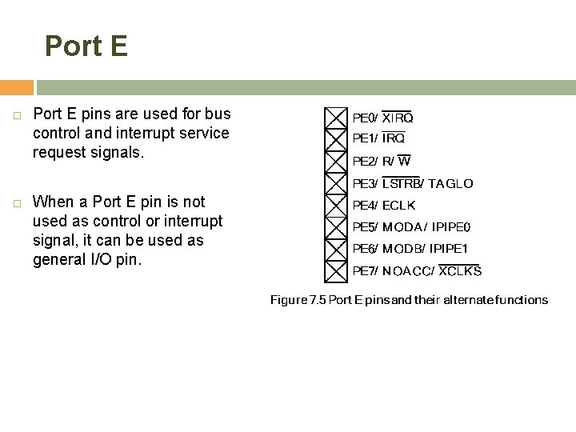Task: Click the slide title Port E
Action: (86, 46)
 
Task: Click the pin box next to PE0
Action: (336, 118)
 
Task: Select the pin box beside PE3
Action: (336, 183)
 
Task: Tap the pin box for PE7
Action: (336, 271)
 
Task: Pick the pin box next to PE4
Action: (336, 206)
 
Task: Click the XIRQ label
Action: (397, 118)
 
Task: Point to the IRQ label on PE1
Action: (393, 139)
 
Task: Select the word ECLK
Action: (399, 206)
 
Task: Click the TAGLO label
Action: (450, 184)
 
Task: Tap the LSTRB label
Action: (401, 184)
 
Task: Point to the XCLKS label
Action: (460, 271)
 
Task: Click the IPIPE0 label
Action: (452, 227)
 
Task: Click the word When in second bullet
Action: (56, 201)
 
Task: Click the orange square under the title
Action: (16, 87)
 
